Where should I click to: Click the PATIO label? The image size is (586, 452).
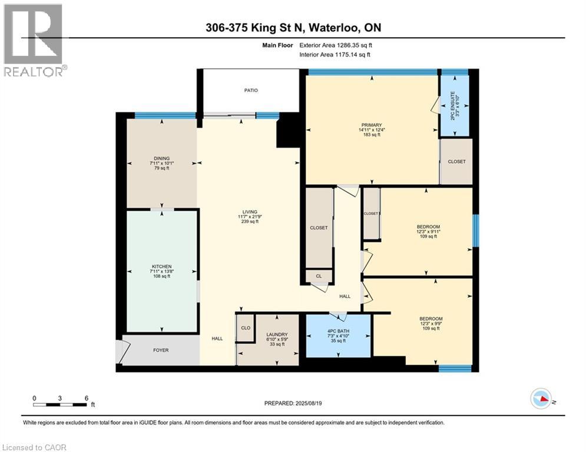tap(251, 90)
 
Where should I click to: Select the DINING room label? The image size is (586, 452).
tap(162, 158)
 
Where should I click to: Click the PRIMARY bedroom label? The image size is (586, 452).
tap(372, 125)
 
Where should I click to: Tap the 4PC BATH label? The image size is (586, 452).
tap(339, 331)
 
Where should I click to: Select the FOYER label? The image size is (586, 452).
tap(161, 350)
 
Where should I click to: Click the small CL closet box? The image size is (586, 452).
tap(319, 275)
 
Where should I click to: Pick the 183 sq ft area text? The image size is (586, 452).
tap(372, 135)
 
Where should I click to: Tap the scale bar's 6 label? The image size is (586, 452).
tap(87, 398)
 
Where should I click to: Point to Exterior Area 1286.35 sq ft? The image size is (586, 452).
tap(336, 45)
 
